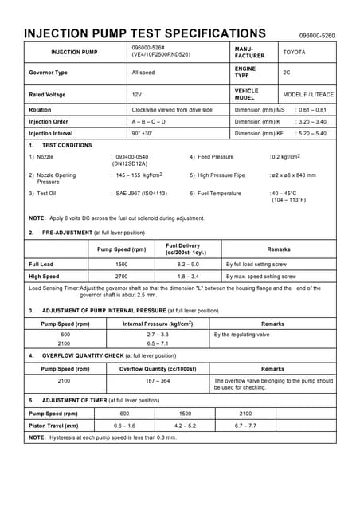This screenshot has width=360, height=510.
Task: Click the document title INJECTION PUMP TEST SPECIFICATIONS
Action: coord(144,33)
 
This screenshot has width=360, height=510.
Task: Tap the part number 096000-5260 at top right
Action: coord(317,36)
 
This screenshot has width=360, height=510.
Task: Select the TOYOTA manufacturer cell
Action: coord(294,52)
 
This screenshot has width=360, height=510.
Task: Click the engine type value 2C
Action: coord(287,73)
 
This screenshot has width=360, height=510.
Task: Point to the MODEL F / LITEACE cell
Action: coord(308,94)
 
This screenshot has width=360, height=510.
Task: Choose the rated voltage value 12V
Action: coord(137,94)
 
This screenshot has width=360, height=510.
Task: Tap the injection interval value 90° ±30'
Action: coord(147,133)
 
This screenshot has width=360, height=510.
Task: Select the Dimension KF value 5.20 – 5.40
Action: coord(311,133)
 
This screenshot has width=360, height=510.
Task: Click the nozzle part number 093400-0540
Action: coord(132,157)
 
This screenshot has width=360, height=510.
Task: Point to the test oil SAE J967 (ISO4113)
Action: coord(142,193)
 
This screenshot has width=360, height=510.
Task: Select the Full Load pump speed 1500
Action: coord(121,263)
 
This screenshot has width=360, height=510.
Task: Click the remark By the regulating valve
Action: coord(242,335)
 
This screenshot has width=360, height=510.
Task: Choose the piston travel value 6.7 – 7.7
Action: coord(245,426)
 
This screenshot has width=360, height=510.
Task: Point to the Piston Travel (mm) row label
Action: coord(53,426)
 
